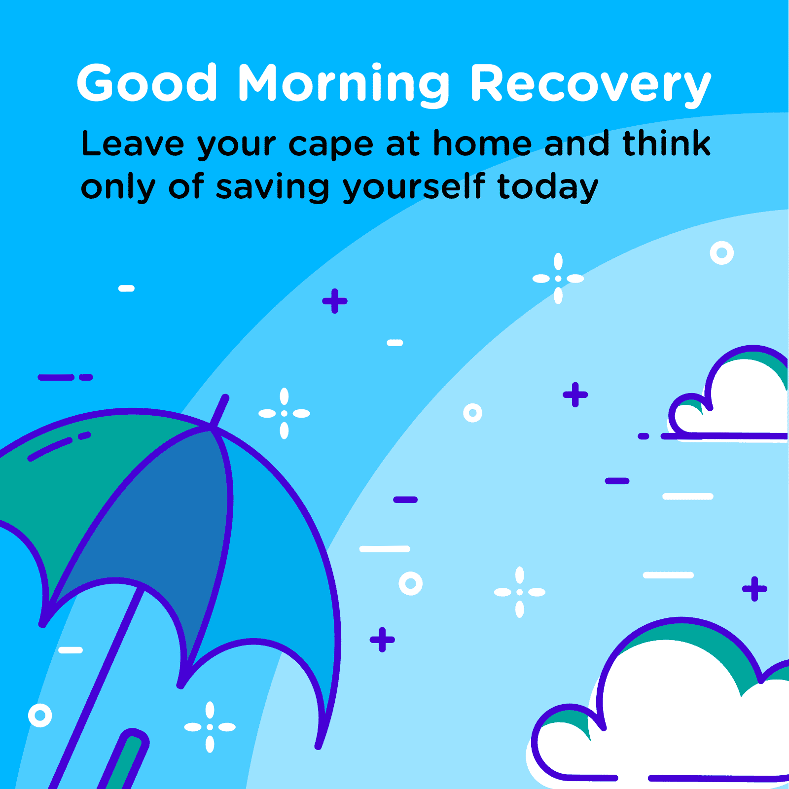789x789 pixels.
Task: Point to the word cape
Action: (x=331, y=145)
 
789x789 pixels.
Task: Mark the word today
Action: (x=548, y=188)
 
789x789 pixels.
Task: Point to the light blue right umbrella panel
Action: (x=281, y=567)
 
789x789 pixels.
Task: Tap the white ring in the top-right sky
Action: (x=721, y=253)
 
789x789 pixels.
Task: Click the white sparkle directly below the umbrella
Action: (x=210, y=727)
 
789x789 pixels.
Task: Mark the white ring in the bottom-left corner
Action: (x=40, y=715)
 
